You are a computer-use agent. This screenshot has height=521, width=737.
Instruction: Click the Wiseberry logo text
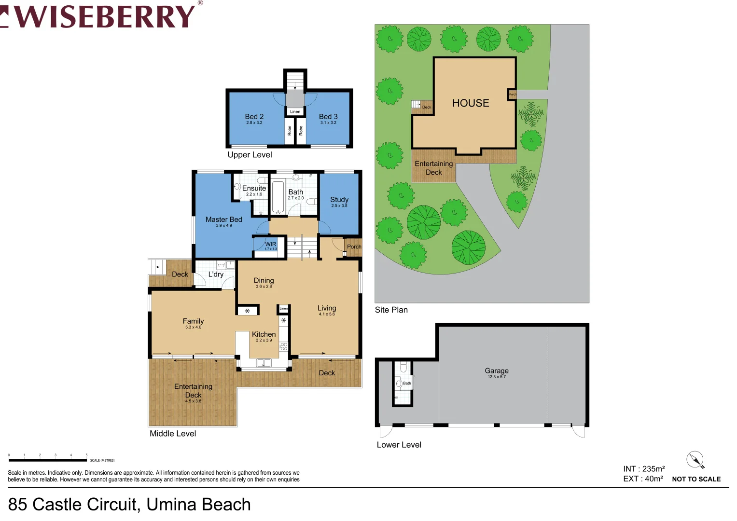point(104,16)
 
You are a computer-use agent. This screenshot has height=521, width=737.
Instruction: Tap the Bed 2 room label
point(254,117)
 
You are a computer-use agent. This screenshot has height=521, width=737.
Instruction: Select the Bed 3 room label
point(328,117)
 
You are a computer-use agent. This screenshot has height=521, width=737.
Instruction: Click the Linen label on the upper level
point(295,111)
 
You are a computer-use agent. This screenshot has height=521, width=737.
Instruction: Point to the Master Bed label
point(223,219)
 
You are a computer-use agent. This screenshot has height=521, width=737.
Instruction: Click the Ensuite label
point(254,188)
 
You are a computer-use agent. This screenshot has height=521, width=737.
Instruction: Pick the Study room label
point(339,200)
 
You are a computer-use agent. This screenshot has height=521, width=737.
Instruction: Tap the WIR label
point(271,244)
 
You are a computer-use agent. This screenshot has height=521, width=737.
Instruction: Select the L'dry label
point(216,274)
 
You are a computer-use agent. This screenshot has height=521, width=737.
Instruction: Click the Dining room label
point(264,280)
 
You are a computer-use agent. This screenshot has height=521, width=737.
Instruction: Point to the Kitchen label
point(264,334)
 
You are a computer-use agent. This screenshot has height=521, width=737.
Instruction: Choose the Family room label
point(193,321)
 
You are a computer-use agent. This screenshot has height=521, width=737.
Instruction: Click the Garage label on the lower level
point(497,370)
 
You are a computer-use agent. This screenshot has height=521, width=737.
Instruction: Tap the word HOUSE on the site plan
point(471,103)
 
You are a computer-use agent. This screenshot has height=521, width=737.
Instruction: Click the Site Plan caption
point(391,310)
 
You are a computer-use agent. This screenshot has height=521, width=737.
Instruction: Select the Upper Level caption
point(250,155)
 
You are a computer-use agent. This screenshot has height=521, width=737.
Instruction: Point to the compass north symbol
point(695,460)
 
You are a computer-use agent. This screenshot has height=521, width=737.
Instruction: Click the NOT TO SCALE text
point(696,479)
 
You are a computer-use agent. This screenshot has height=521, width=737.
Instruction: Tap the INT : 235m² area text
point(644,469)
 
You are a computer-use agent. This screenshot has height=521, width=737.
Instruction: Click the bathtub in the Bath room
point(278,197)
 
